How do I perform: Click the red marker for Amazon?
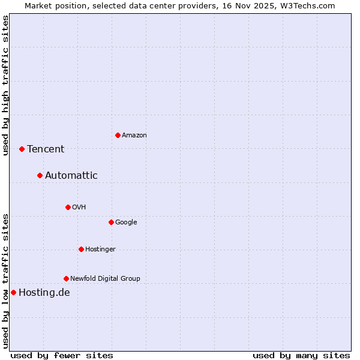[x=118, y=135]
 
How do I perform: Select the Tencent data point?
[x=22, y=149]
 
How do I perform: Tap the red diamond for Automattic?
[x=40, y=175]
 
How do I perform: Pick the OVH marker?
[x=68, y=207]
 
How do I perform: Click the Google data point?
[x=111, y=222]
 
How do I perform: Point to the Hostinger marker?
[x=81, y=249]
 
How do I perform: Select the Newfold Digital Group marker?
[x=66, y=278]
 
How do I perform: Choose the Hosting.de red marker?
[x=13, y=292]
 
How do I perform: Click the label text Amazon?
[x=134, y=135]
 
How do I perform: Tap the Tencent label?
[x=46, y=149]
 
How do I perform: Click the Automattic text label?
[x=71, y=175]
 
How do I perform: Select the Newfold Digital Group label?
[x=105, y=278]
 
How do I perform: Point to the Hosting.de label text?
[x=44, y=292]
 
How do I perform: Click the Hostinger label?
[x=100, y=249]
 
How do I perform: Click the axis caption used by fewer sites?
[x=62, y=355]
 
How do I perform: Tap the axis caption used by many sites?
[x=301, y=355]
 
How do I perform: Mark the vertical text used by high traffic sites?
[x=5, y=85]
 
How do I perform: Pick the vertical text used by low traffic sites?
[x=5, y=280]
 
